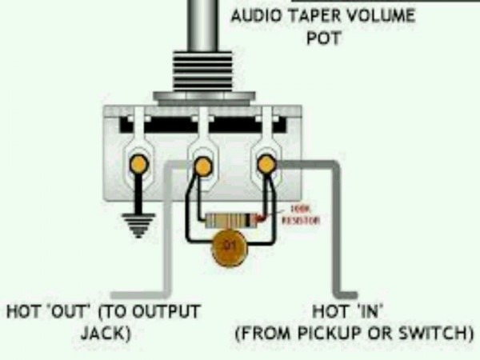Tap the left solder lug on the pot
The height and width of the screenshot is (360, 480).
(x=139, y=164)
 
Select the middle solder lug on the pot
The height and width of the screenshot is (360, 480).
(x=203, y=166)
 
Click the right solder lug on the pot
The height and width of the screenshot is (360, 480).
(x=266, y=164)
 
